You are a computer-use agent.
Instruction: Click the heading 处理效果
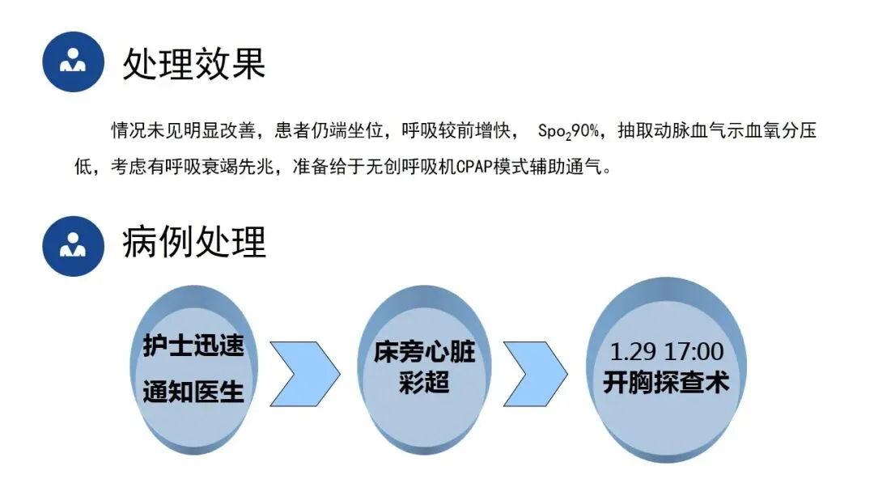coord(194,62)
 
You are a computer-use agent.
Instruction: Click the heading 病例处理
coord(194,241)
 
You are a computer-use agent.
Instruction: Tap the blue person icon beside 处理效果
coord(73,61)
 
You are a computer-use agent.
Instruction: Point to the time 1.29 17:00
coord(666,352)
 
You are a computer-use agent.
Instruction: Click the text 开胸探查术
coord(666,382)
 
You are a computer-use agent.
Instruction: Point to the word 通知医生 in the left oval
coord(193,393)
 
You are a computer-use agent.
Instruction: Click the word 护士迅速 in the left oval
coord(193,346)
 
